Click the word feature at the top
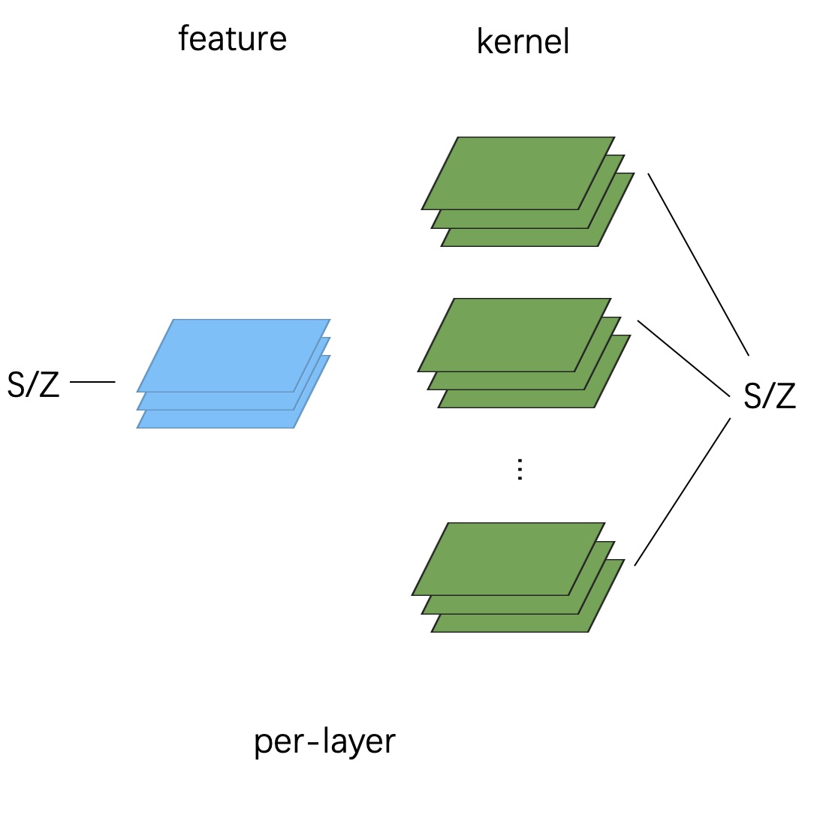click(232, 39)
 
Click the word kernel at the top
click(523, 42)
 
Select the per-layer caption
click(324, 742)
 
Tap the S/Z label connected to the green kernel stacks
click(769, 396)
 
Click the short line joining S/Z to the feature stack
click(92, 382)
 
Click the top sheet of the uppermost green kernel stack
click(518, 173)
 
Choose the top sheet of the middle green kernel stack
click(514, 335)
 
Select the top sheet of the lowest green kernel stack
click(508, 558)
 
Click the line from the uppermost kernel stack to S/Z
click(698, 264)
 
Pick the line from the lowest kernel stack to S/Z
click(682, 492)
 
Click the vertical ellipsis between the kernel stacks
click(520, 470)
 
